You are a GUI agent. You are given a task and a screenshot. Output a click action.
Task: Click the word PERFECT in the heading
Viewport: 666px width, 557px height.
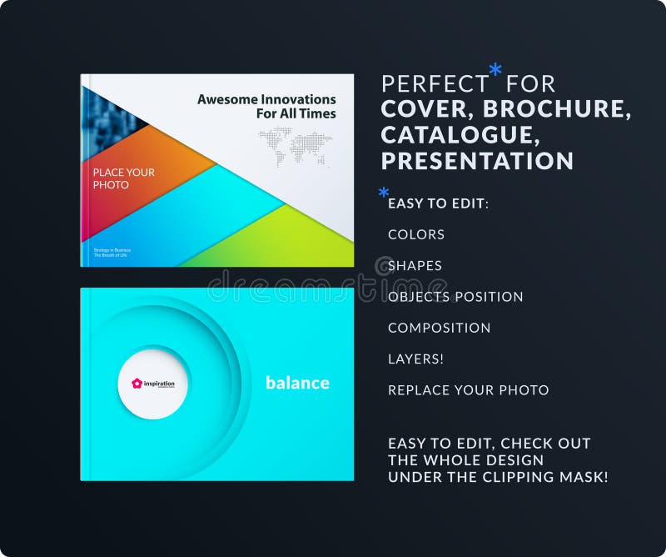click(435, 84)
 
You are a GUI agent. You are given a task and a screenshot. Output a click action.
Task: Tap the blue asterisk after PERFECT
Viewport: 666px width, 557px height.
click(495, 71)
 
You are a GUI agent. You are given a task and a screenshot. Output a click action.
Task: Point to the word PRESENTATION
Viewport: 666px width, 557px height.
click(477, 160)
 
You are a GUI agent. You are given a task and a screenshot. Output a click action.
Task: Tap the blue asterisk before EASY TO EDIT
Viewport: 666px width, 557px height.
click(383, 194)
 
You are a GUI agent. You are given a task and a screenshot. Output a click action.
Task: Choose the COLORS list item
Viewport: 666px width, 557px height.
click(416, 234)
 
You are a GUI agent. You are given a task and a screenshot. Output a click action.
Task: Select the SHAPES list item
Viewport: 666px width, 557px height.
click(415, 266)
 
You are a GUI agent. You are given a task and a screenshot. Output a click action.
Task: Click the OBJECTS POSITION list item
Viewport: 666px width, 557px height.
click(455, 297)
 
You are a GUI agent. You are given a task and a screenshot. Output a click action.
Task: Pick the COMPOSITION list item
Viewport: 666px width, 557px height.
click(439, 328)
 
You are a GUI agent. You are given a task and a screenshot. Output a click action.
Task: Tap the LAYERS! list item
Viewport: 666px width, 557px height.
click(415, 359)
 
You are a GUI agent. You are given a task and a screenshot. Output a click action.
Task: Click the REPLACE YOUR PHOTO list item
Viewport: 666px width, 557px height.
click(468, 389)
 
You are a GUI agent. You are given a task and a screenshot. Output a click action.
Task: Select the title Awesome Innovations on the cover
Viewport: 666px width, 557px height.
click(266, 100)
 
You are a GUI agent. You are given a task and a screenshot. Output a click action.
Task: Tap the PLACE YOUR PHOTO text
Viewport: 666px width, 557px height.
click(123, 178)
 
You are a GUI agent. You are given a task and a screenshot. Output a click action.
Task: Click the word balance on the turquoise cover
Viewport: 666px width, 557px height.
click(297, 383)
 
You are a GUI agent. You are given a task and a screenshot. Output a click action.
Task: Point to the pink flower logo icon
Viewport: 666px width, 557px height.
click(137, 384)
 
